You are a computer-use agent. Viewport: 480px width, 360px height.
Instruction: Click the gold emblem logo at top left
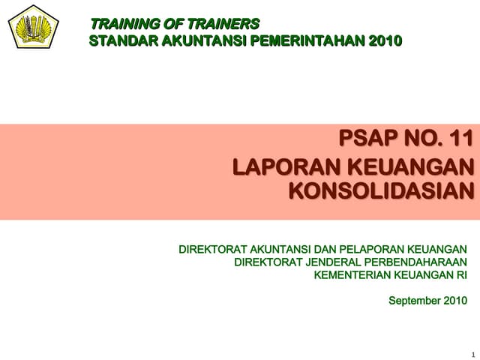[34, 27]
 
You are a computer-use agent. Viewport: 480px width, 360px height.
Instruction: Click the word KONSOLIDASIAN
[382, 192]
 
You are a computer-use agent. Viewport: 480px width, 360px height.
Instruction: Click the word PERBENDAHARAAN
[418, 262]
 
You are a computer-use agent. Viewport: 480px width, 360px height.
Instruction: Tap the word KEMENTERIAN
[351, 274]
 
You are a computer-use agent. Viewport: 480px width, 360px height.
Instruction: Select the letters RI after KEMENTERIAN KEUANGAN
[461, 274]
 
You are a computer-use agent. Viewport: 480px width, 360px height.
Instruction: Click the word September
[412, 301]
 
